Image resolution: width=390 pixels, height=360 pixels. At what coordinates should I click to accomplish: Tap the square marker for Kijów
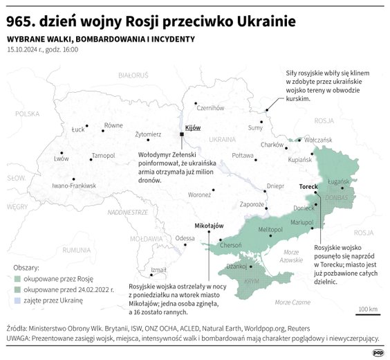181,134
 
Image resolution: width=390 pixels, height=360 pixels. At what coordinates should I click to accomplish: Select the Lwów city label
61,159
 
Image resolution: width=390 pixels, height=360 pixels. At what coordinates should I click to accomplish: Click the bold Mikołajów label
210,226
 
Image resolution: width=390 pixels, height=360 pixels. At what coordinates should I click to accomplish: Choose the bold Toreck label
308,187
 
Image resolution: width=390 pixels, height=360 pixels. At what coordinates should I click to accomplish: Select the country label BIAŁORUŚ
133,74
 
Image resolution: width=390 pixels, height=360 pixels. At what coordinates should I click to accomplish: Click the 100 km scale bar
367,313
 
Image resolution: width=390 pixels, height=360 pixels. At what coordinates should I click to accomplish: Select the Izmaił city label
158,269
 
